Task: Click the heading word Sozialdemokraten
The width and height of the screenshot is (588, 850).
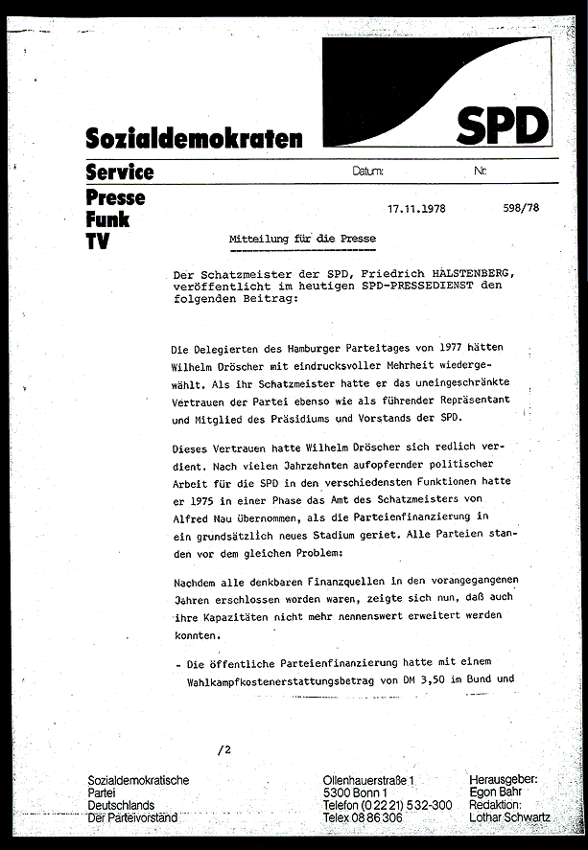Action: point(194,139)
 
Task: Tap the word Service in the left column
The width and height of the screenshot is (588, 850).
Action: point(119,172)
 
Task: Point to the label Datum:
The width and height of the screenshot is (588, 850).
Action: point(368,172)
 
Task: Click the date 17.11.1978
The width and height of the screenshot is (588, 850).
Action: point(416,207)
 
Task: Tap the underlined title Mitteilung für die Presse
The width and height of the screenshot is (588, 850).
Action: point(302,238)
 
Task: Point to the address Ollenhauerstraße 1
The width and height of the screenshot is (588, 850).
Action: point(376,782)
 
